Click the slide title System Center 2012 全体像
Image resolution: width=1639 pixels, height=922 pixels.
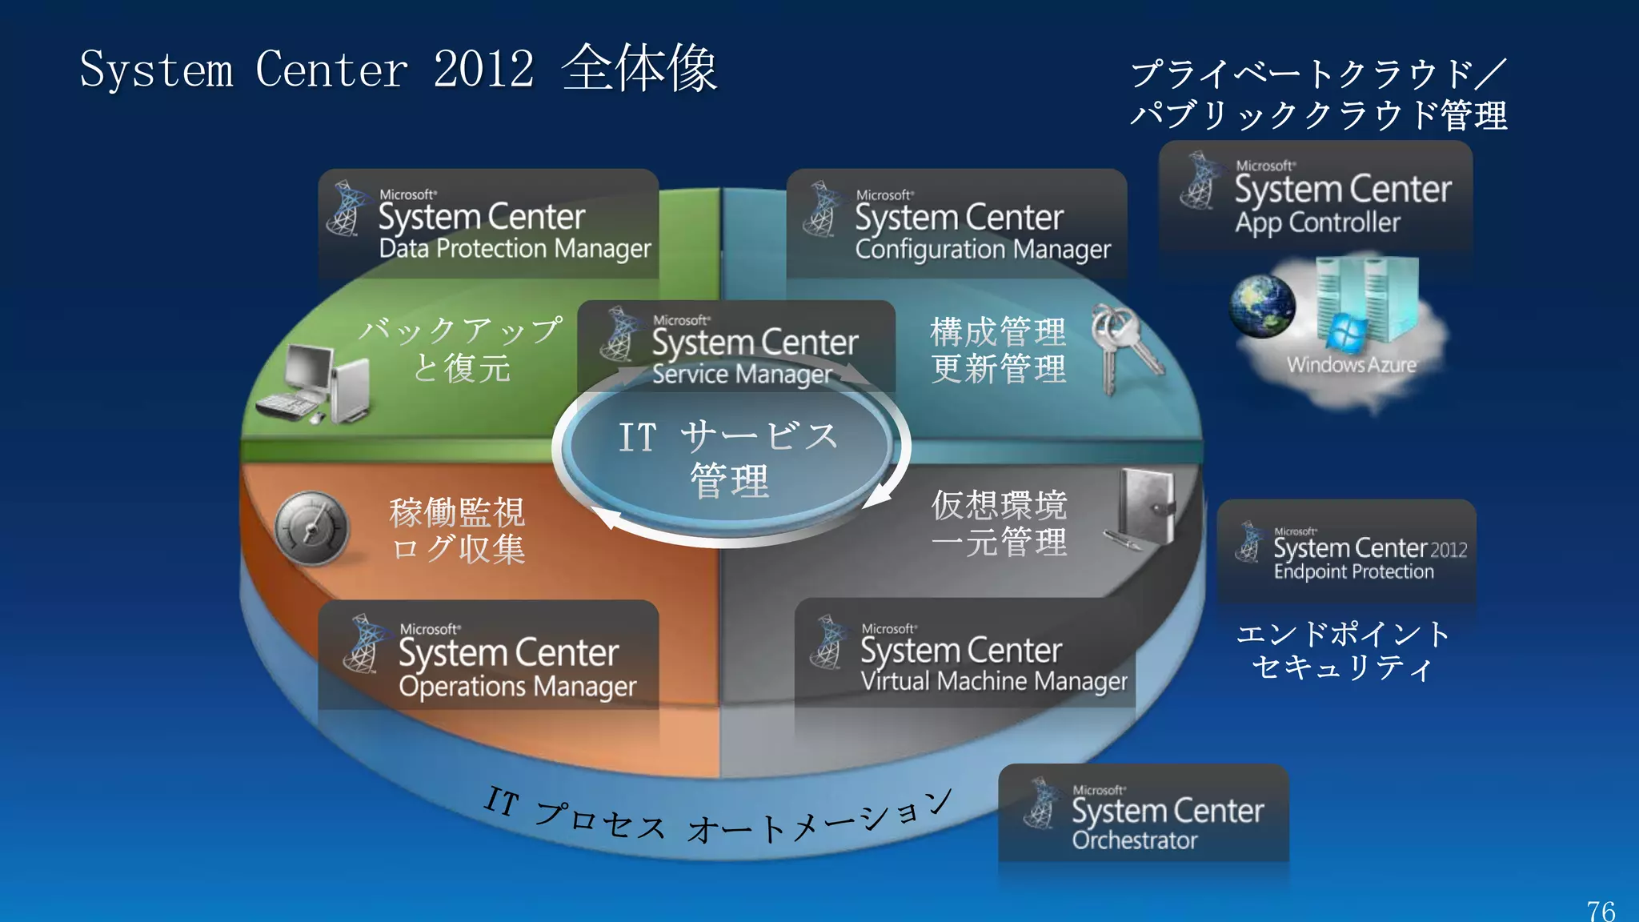point(398,69)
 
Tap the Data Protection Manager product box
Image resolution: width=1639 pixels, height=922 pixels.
point(488,223)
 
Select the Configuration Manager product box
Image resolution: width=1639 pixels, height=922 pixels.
point(956,223)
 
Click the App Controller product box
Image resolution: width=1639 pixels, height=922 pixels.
point(1316,196)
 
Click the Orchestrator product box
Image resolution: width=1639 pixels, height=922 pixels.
point(1144,813)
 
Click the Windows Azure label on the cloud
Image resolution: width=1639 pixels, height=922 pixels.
point(1351,365)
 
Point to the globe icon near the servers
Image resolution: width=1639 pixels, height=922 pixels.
point(1262,306)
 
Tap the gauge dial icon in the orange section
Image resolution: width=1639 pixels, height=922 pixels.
point(312,528)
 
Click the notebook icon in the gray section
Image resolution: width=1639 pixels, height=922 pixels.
point(1144,508)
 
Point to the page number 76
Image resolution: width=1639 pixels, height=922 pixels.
point(1601,911)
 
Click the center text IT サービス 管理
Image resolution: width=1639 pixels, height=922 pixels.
point(728,459)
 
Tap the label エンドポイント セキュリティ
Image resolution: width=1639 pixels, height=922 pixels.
point(1342,650)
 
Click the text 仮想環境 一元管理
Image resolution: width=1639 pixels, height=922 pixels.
point(999,523)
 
